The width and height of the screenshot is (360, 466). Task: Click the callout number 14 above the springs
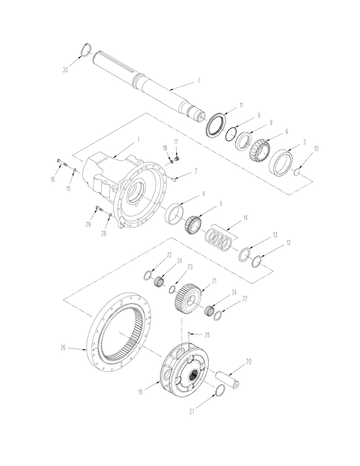pyautogui.click(x=244, y=218)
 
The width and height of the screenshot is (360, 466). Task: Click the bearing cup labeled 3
pyautogui.click(x=281, y=162)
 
